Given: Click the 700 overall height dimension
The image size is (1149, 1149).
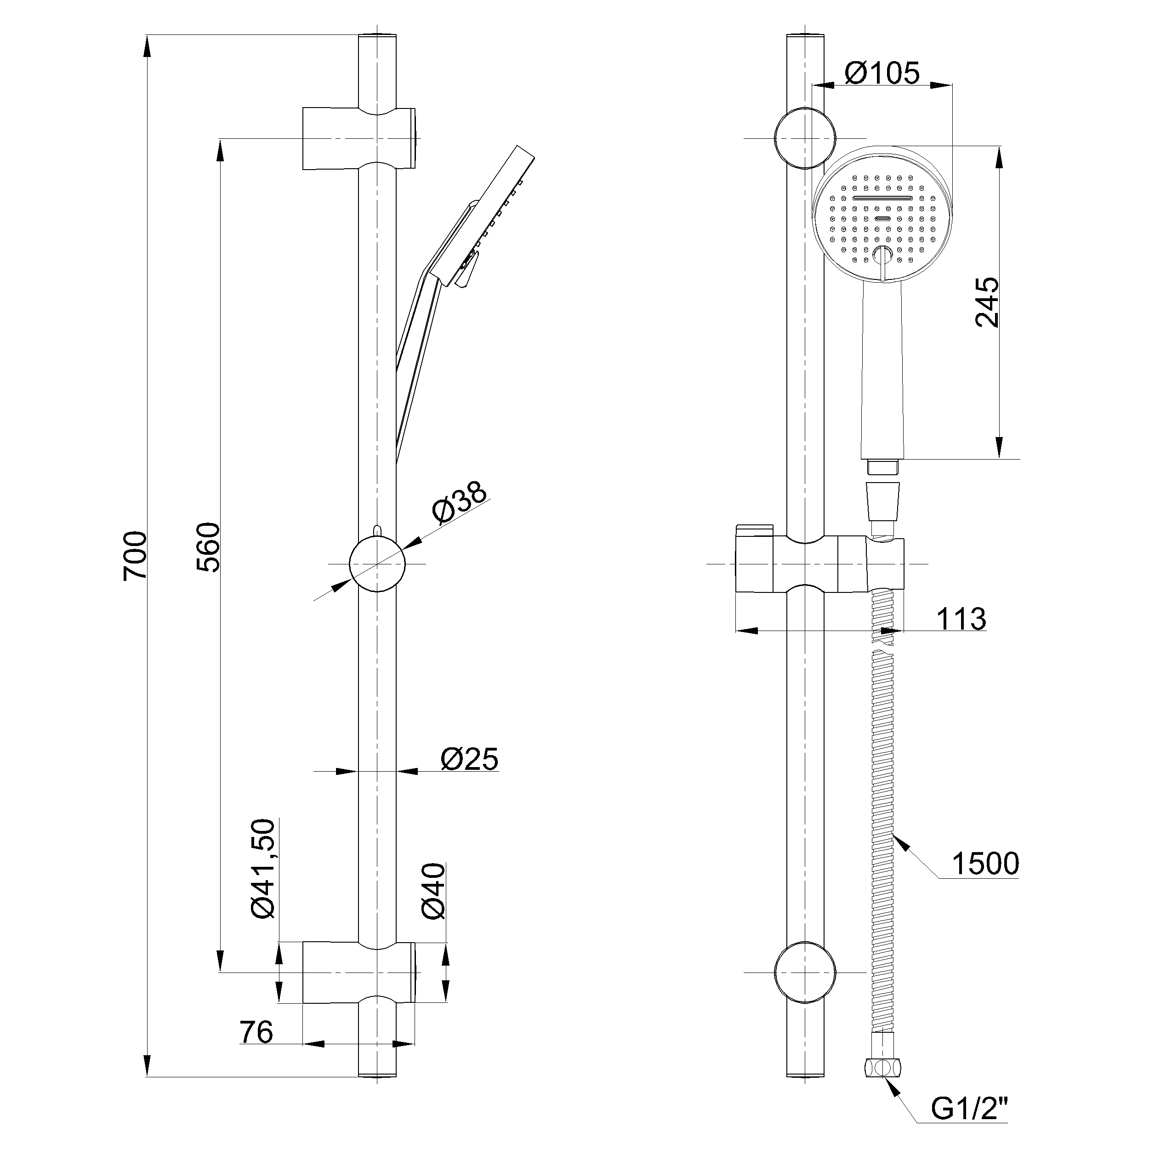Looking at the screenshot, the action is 135,556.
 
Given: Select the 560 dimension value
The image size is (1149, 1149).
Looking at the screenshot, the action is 208,547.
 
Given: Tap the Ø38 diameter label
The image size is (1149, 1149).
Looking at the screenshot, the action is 460,504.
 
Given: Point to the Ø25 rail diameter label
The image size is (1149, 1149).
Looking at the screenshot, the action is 469,759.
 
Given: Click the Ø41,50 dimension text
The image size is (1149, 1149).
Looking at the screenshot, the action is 263,869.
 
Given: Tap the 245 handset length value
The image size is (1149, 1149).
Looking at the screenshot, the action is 987,302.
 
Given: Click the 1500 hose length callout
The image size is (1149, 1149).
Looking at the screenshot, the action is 986,864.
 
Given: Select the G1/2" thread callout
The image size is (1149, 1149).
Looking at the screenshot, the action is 969,1107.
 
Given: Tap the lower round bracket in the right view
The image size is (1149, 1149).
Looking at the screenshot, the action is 805,973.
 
